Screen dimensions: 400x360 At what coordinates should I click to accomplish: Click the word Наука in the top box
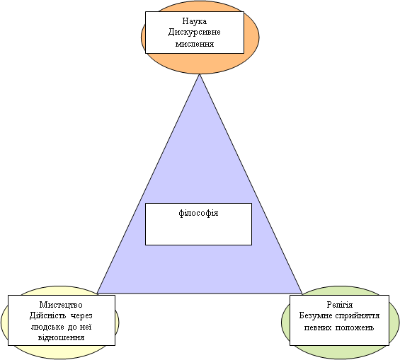coord(195,21)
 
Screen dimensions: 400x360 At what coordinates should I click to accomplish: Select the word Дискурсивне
coord(195,33)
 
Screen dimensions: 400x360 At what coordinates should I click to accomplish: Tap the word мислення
coord(195,44)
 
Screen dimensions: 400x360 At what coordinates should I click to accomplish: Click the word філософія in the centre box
coord(198,213)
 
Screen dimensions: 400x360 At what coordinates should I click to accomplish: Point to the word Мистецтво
coord(61,305)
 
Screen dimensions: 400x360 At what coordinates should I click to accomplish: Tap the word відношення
coord(61,338)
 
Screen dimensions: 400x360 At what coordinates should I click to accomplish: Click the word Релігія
coord(340,305)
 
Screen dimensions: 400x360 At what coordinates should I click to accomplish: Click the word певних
coord(317,327)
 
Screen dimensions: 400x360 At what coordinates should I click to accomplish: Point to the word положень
coord(355,327)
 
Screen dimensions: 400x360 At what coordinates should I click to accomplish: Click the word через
coord(81,316)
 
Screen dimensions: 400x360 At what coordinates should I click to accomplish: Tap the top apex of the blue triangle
coord(200,74)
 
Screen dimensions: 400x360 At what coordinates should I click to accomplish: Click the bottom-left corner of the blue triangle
coord(98,294)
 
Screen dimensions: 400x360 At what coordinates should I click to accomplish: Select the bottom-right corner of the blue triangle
coord(302,294)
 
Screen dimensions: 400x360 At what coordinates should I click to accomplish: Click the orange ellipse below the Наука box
coord(200,64)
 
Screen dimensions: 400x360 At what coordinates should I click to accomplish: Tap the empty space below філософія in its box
coord(198,233)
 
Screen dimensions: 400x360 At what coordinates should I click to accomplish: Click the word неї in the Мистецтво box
coord(86,327)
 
